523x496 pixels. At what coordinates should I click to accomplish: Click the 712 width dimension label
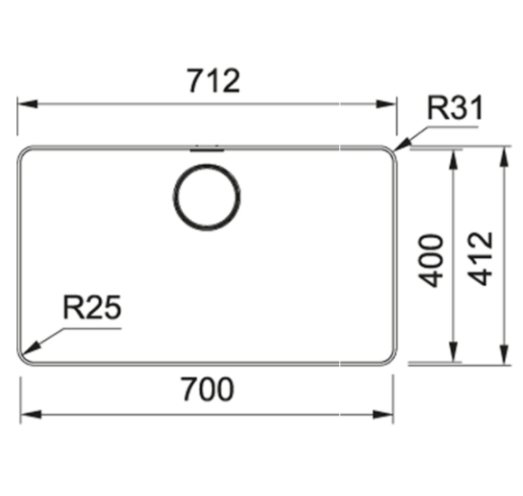click(x=214, y=80)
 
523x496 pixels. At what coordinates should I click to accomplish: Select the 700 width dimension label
click(x=207, y=389)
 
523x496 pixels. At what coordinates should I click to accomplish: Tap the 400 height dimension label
click(x=431, y=261)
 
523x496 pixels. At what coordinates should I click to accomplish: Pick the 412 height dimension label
click(x=480, y=258)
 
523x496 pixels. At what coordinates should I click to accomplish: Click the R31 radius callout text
click(x=455, y=107)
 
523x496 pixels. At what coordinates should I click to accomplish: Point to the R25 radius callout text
click(x=92, y=308)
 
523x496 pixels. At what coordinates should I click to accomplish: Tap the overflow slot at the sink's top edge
click(x=206, y=149)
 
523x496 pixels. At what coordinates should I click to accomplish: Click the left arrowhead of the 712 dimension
click(x=27, y=104)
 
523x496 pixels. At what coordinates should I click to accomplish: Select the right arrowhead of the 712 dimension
click(x=386, y=104)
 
